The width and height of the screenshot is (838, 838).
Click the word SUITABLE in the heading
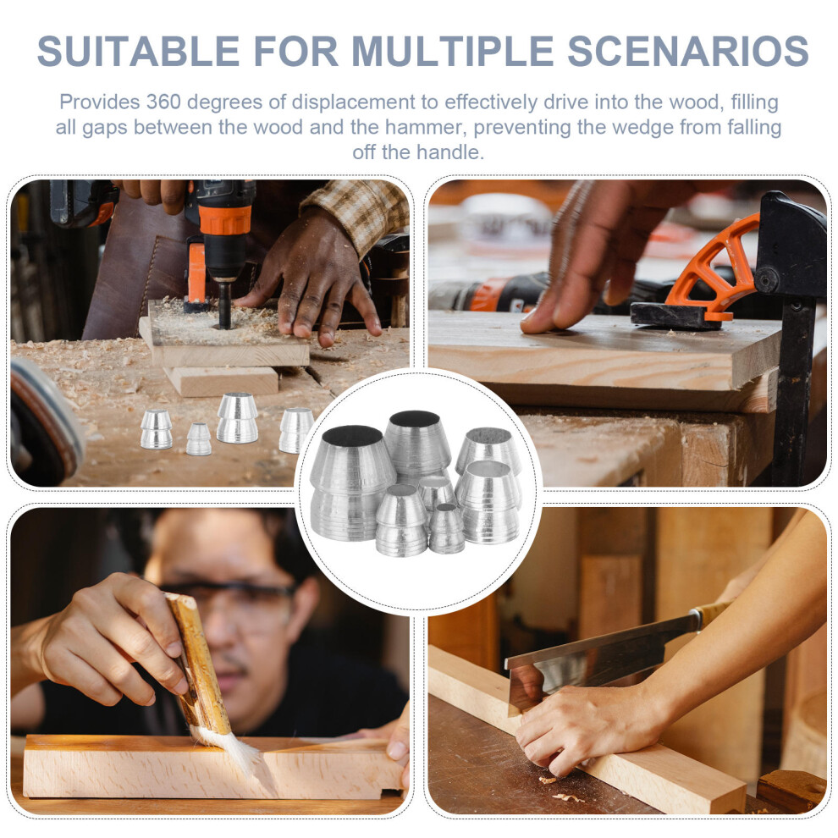139,52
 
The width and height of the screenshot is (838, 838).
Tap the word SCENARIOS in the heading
688,52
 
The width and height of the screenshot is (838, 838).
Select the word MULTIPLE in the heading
453,52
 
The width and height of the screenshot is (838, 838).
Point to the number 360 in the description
163,102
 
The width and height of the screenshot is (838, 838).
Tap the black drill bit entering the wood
225,305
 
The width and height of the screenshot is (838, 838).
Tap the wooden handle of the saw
714,612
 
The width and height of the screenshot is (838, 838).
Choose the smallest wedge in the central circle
446,529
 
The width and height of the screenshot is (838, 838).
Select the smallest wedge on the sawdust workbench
198,438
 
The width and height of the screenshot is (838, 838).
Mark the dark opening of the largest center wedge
352,436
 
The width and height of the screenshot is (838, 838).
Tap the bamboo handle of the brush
198,665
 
